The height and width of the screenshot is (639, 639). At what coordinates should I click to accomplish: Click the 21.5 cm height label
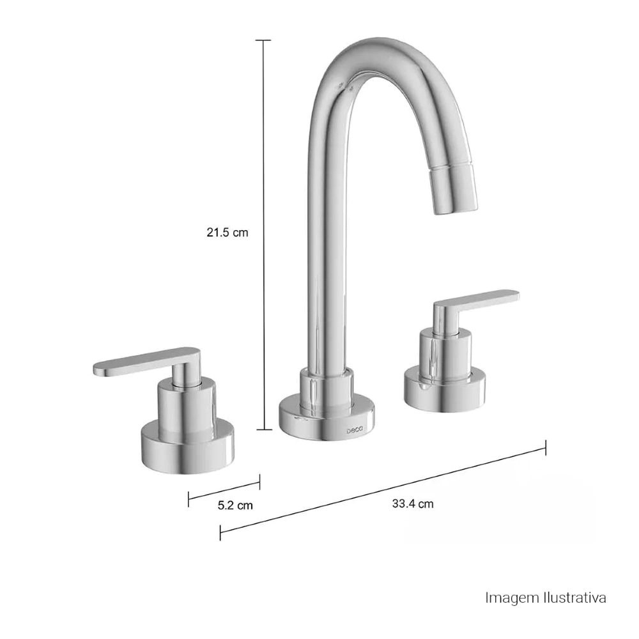click(227, 233)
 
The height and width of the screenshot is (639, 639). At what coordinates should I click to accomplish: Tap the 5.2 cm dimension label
click(235, 505)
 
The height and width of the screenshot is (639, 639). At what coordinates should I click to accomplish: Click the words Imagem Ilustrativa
click(545, 599)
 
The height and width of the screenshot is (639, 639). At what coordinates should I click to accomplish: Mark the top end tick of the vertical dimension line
click(263, 40)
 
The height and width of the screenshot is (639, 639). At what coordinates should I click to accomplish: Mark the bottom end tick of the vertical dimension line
click(263, 430)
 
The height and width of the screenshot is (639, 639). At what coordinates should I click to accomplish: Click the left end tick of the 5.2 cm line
click(189, 498)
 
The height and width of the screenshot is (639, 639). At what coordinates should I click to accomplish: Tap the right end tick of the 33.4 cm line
click(545, 447)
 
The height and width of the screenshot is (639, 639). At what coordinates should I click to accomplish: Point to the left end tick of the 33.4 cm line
click(220, 532)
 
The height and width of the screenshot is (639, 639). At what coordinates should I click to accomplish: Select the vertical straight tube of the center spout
click(328, 256)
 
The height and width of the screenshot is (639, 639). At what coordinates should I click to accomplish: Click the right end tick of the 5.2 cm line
click(259, 480)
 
